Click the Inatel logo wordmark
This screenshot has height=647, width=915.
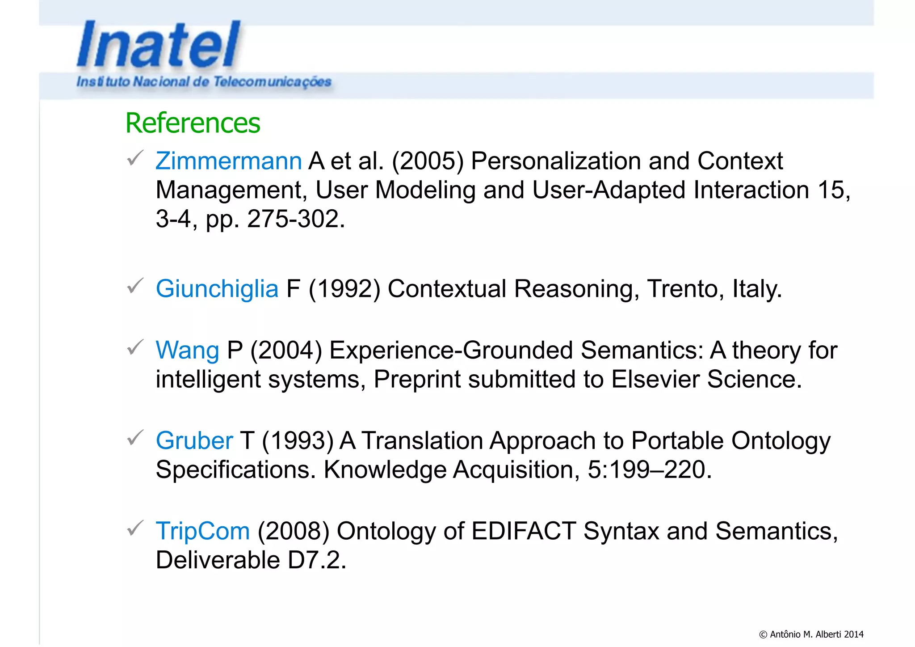point(159,45)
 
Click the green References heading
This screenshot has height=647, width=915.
point(193,123)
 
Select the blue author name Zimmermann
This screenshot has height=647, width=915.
point(228,161)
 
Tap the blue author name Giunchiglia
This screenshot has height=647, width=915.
point(217,289)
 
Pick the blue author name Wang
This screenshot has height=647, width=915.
point(187,350)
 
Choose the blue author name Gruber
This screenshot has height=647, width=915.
point(194,441)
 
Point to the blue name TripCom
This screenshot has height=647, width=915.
point(202,531)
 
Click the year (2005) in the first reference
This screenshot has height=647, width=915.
point(428,161)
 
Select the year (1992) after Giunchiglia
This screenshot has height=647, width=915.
point(344,289)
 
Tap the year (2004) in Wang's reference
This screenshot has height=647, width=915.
point(286,350)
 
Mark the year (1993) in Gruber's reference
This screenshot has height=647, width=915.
point(298,441)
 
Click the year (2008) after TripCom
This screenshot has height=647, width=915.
point(294,531)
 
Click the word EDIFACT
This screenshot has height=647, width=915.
point(523,531)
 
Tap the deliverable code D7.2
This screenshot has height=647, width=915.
point(317,560)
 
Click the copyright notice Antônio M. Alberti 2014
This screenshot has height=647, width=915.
point(811,634)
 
